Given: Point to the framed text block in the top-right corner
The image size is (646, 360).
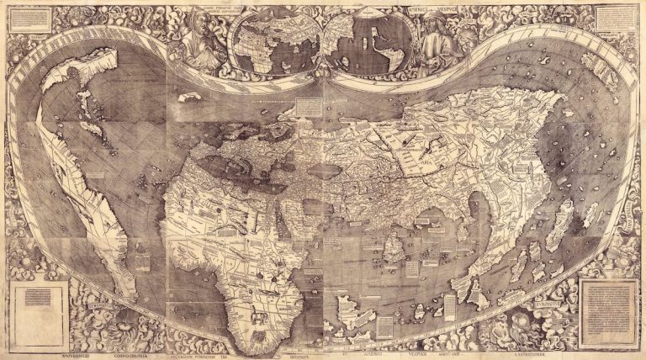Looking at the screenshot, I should click(x=615, y=19).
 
